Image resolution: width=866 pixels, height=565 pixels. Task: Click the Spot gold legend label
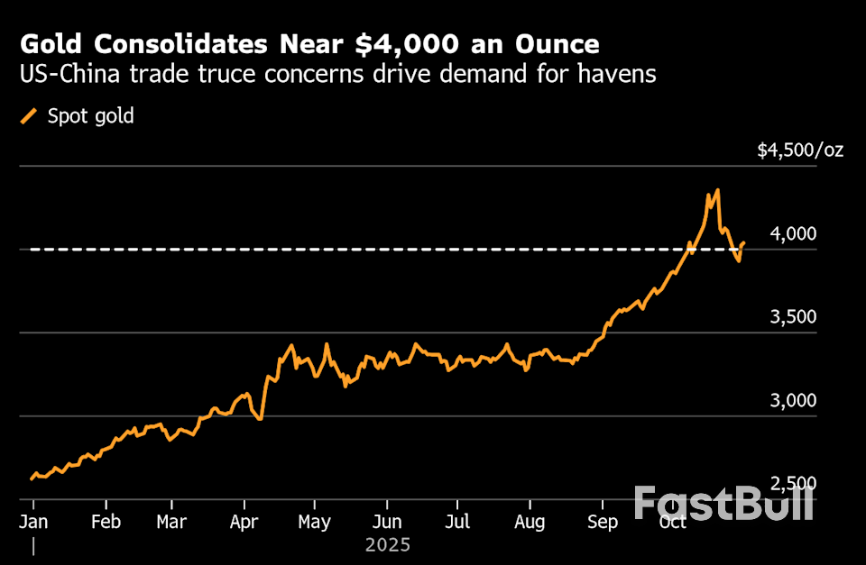pos(90,115)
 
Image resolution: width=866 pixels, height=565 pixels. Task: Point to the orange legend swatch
pos(30,115)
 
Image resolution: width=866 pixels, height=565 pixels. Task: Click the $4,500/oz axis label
pos(800,150)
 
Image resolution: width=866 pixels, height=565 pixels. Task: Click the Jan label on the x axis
pos(33,523)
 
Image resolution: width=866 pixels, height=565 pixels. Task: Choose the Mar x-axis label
pos(171,523)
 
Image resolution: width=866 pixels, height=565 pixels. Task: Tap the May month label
pos(314,523)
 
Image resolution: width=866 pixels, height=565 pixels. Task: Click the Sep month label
pos(602,523)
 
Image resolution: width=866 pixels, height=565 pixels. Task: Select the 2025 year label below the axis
pos(388,545)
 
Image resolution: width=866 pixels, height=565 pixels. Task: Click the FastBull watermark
pos(723,503)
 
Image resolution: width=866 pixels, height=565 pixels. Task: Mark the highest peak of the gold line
pos(717,190)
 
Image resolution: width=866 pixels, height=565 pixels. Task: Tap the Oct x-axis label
pos(672,523)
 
